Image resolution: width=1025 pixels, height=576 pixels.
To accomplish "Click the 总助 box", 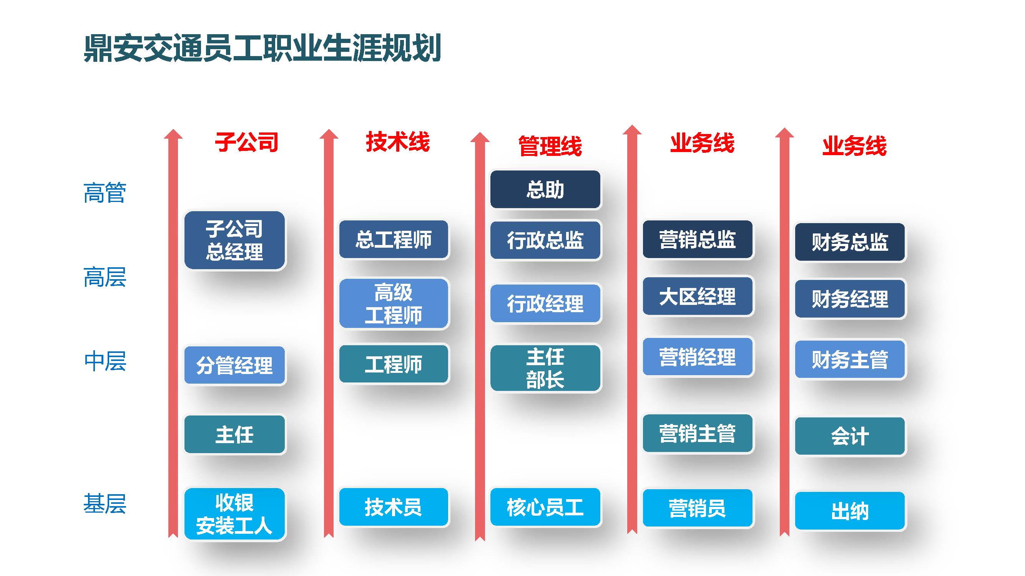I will click(x=545, y=190).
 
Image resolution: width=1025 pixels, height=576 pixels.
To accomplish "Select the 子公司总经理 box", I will click(x=234, y=240).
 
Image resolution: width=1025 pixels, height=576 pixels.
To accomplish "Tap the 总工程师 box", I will click(x=393, y=239).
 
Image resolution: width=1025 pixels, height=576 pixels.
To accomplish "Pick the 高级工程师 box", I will click(x=393, y=303).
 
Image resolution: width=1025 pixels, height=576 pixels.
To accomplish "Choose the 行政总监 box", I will click(x=545, y=240).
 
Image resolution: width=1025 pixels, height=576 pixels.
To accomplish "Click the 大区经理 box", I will click(x=697, y=296).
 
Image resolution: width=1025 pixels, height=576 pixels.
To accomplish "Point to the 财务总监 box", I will click(x=849, y=242).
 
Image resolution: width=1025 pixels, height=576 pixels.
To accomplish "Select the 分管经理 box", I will click(x=234, y=365).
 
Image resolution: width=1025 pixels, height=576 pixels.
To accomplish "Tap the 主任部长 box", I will click(x=545, y=368).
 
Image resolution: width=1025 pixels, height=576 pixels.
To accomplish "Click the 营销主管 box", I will click(x=697, y=433).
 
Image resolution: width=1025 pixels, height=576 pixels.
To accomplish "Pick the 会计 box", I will click(x=849, y=436).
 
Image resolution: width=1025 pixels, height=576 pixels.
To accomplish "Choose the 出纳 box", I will click(x=849, y=511).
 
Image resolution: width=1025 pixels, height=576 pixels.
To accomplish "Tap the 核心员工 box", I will click(x=545, y=507).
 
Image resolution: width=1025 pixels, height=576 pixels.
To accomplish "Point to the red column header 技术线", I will click(x=397, y=142).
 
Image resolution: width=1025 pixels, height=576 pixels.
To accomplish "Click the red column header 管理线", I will click(x=550, y=146).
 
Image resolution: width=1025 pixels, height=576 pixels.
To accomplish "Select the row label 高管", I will click(x=105, y=193).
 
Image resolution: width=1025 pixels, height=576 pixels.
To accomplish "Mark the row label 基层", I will click(x=105, y=504).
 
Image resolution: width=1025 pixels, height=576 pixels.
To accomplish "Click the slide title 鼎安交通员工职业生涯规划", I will click(x=262, y=48).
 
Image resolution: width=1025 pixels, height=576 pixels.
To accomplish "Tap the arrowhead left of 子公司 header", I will click(x=173, y=135).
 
